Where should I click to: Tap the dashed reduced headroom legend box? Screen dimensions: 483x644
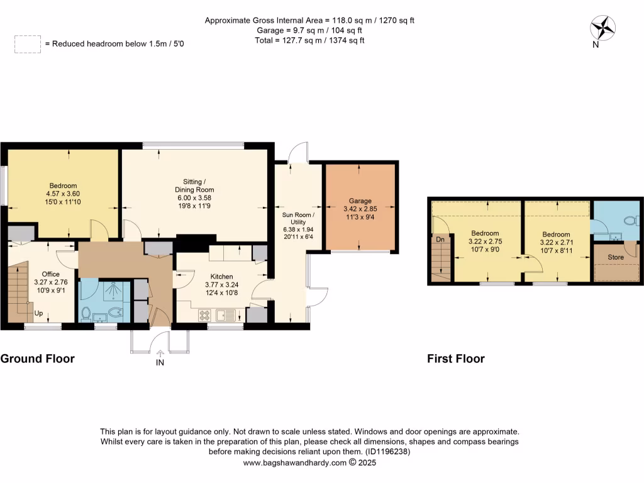(x=27, y=44)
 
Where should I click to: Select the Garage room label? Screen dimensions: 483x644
(x=360, y=201)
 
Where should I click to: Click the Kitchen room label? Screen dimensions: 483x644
(x=221, y=277)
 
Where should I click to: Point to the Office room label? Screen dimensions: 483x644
(x=50, y=274)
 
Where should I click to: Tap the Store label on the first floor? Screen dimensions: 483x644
(x=616, y=257)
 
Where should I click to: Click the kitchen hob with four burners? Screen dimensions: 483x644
(x=206, y=314)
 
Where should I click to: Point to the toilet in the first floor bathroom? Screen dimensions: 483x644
(x=631, y=221)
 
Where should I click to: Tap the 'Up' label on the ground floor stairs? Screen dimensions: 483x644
(x=39, y=313)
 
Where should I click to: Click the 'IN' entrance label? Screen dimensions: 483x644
(x=160, y=363)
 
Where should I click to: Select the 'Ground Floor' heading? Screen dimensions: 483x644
(x=38, y=359)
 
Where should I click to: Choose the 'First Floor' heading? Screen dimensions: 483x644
(x=456, y=359)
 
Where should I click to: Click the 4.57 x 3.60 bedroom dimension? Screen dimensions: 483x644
(x=62, y=194)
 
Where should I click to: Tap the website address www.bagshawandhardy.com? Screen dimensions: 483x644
(x=295, y=463)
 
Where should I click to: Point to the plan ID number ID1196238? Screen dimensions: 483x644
(x=387, y=452)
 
